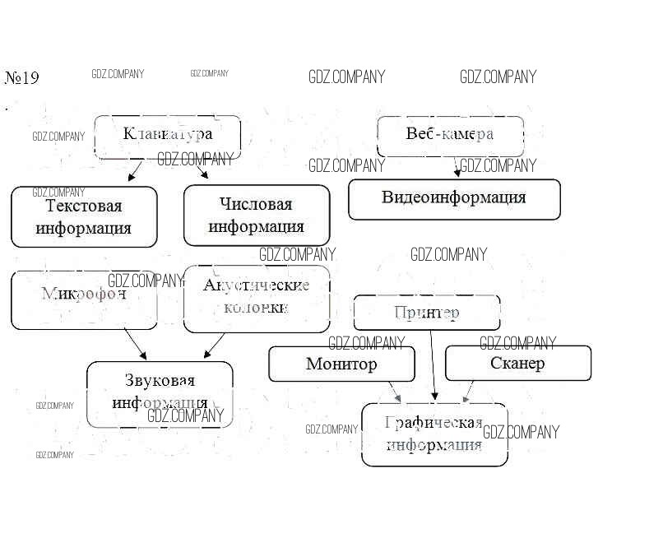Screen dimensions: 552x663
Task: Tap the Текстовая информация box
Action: (84, 216)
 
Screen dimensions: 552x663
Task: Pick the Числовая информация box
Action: (256, 215)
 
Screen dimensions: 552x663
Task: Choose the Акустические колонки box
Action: (256, 299)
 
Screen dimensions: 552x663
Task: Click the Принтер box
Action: (426, 313)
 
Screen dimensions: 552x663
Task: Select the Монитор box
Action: (341, 364)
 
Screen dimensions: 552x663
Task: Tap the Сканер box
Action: (517, 363)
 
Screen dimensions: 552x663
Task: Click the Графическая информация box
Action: (434, 434)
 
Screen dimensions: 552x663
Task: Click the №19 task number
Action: (22, 78)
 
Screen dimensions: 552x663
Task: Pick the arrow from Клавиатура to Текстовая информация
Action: (135, 171)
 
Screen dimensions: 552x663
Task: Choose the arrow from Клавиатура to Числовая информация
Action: (200, 169)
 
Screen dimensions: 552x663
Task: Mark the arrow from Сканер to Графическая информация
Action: (469, 392)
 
